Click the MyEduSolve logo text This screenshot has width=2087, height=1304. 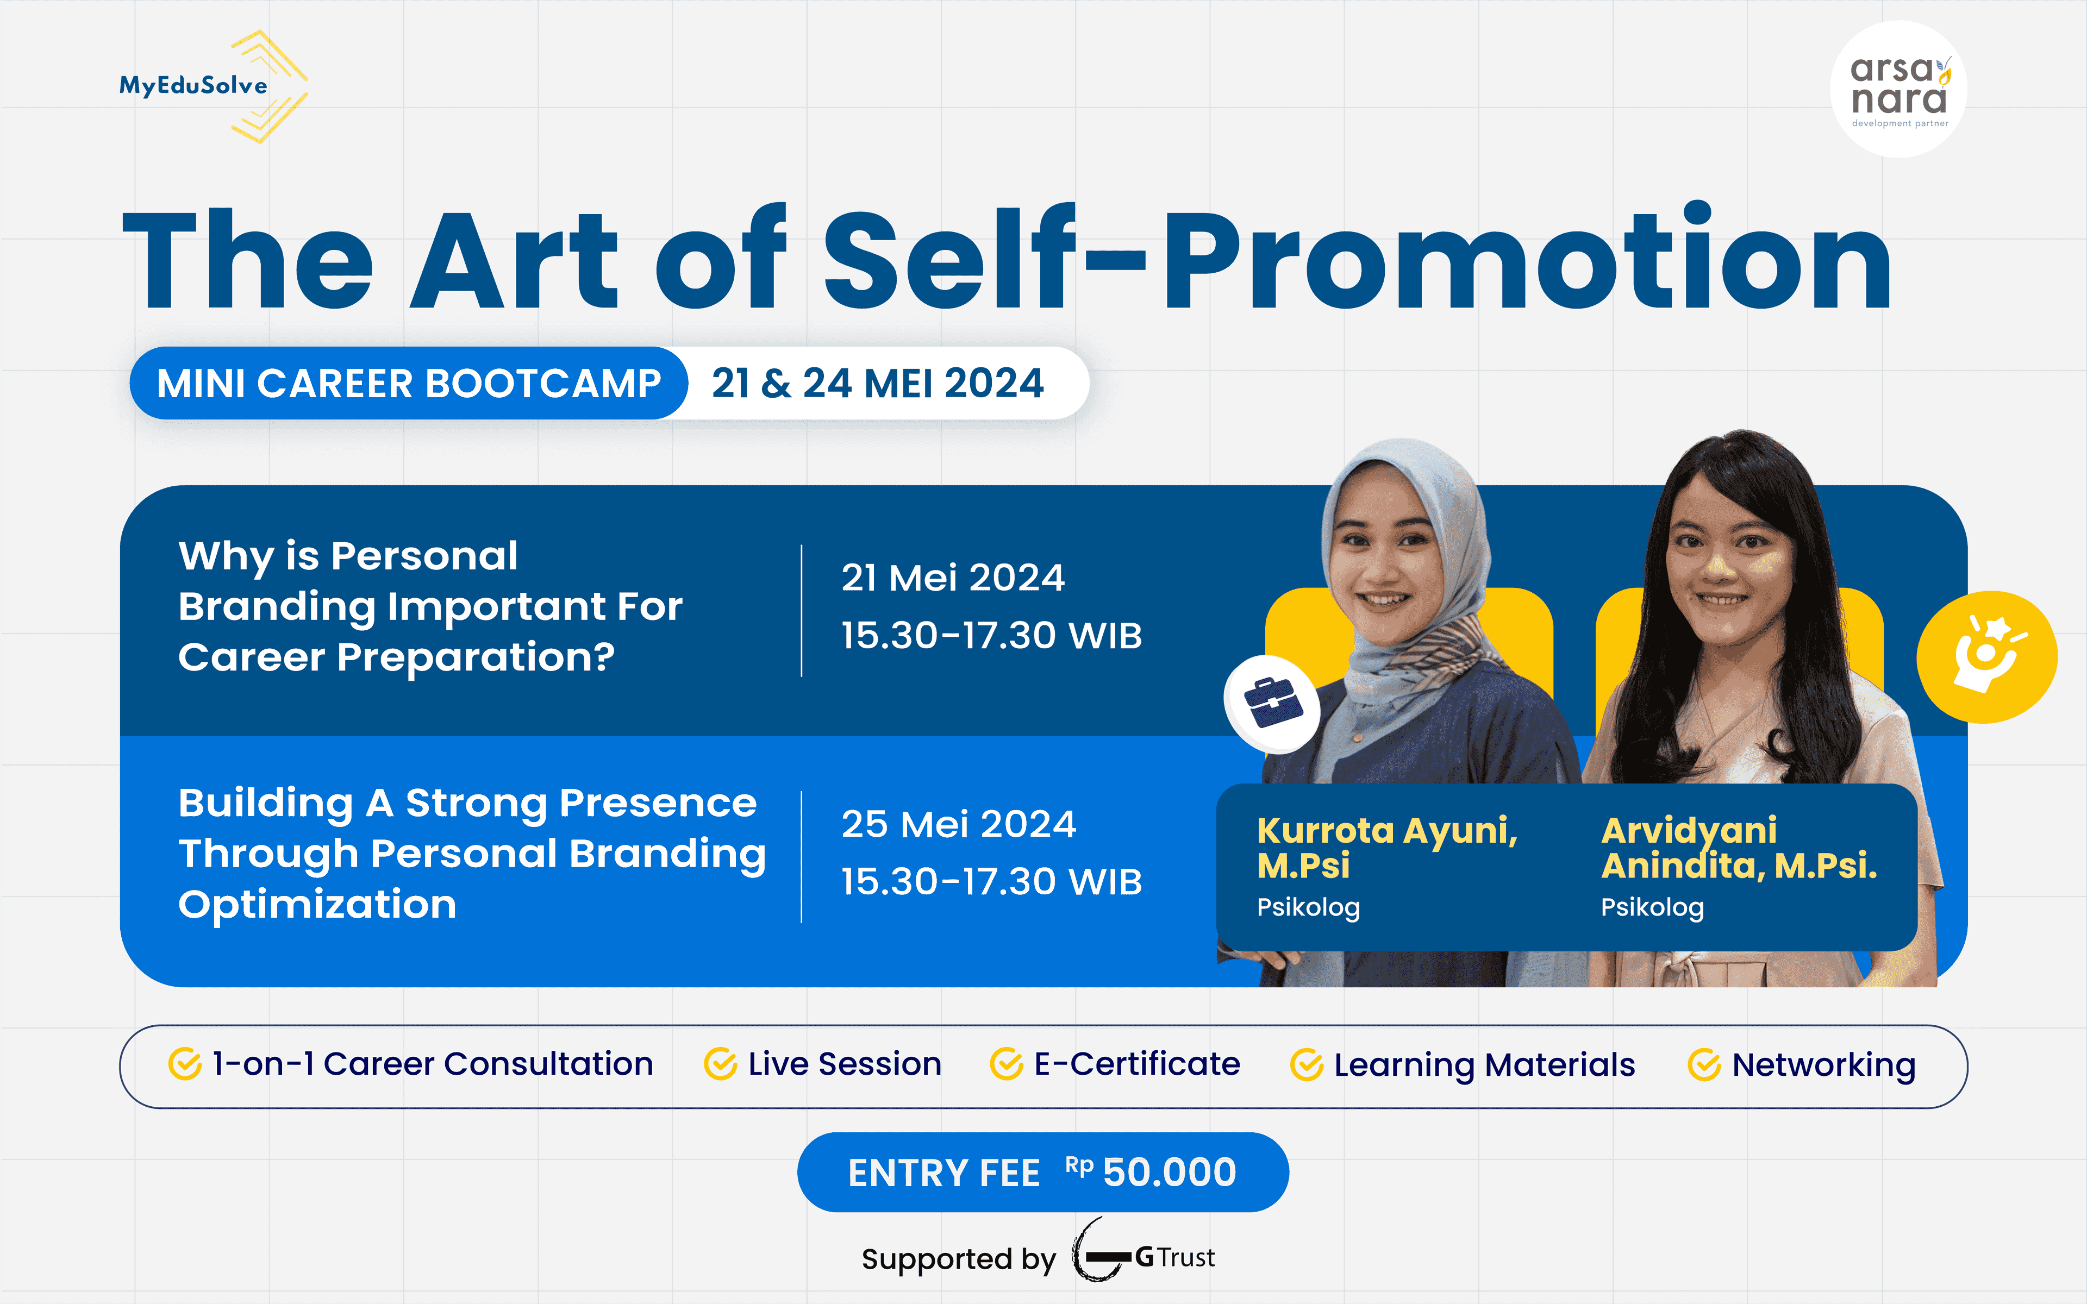193,85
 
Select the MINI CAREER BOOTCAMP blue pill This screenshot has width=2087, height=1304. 409,384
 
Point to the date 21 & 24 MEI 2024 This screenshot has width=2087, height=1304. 877,384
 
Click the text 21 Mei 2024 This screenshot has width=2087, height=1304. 952,578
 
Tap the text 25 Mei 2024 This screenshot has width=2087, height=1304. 958,824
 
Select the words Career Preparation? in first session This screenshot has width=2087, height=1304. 397,657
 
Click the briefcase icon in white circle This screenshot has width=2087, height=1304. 1273,704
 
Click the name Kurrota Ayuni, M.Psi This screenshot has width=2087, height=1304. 1386,847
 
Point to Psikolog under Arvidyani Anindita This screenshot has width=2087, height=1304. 1652,907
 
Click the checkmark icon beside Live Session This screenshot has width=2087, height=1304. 720,1064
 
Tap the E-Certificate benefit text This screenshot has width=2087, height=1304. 1136,1064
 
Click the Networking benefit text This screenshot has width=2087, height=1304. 1823,1065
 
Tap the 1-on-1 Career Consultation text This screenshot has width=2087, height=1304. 433,1064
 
